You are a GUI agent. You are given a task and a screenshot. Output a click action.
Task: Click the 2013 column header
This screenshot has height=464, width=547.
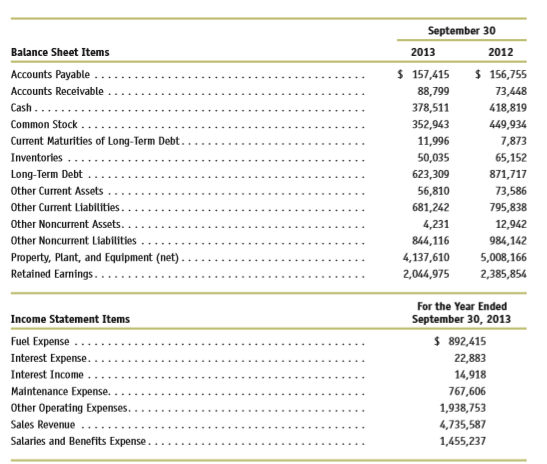423,52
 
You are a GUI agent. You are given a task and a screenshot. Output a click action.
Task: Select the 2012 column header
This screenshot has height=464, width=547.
501,52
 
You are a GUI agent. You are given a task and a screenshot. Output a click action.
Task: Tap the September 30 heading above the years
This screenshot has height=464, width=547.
462,31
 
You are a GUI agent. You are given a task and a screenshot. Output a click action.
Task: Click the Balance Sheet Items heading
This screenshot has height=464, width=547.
60,52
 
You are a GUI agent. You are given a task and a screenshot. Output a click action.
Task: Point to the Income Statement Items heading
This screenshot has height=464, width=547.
70,319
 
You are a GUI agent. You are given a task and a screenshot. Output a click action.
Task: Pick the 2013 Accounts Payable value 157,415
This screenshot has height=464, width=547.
430,75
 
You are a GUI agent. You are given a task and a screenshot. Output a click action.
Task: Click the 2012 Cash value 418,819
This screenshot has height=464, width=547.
508,108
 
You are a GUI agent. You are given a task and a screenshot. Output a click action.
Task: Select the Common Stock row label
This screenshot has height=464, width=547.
44,125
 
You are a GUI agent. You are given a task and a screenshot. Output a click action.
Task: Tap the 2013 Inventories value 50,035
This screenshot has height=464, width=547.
433,158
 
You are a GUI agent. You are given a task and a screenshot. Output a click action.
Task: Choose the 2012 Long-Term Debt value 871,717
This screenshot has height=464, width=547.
508,174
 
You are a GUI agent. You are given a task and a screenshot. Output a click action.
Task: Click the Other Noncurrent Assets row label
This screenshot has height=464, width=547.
66,224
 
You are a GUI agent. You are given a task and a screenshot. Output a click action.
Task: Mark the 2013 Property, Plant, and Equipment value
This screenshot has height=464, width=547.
426,257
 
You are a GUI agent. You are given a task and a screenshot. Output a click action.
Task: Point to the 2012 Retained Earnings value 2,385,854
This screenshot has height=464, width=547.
503,274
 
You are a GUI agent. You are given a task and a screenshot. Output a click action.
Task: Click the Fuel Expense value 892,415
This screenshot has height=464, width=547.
467,342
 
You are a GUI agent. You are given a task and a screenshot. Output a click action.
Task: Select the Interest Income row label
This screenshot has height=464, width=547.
47,375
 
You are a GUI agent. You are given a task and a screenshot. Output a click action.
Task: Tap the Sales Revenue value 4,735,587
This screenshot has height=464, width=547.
463,425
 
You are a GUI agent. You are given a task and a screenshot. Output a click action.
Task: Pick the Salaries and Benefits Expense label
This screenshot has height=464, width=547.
78,441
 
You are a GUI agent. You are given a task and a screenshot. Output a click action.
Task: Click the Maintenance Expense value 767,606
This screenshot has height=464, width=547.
467,391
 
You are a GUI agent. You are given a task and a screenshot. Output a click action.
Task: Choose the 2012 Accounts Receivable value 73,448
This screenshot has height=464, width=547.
511,91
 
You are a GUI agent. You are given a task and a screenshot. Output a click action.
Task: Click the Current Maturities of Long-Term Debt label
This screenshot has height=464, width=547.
95,141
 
